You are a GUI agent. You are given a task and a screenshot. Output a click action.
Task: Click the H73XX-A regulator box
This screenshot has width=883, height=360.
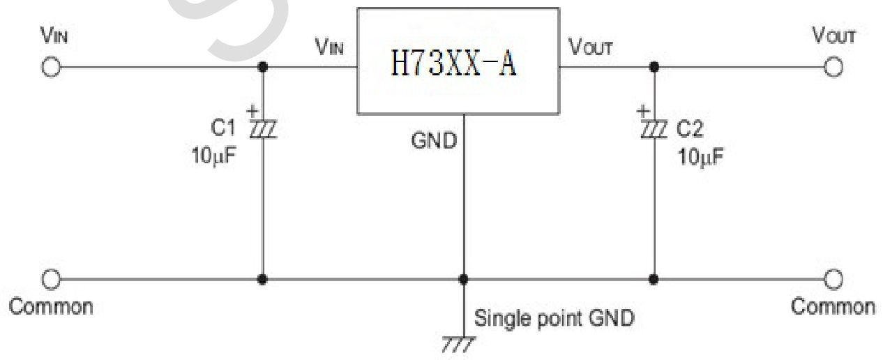coord(458,61)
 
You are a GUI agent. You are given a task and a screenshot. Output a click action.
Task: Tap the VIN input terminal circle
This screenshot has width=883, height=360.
coord(51,68)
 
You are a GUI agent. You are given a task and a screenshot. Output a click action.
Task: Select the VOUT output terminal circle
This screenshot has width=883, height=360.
coord(831,68)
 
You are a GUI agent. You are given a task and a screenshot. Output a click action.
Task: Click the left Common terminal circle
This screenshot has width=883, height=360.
coord(51,279)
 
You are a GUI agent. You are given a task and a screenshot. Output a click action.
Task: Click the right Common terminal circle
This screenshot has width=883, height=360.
coord(831,279)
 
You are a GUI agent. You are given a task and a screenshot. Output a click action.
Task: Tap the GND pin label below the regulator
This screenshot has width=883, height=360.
coord(434,142)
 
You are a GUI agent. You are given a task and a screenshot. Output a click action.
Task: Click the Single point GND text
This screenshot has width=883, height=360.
coord(554,319)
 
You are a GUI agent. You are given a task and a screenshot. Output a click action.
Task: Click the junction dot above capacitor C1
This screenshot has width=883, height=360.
coord(263,68)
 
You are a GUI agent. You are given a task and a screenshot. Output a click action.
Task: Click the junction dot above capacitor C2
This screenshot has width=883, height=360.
coord(654,68)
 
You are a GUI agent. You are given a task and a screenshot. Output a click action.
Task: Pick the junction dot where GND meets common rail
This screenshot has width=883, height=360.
coord(462,279)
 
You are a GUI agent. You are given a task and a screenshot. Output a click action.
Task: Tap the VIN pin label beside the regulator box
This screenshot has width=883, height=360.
coord(329,48)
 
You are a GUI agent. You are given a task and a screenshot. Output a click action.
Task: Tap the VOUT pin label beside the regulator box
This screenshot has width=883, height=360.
coord(591,48)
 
